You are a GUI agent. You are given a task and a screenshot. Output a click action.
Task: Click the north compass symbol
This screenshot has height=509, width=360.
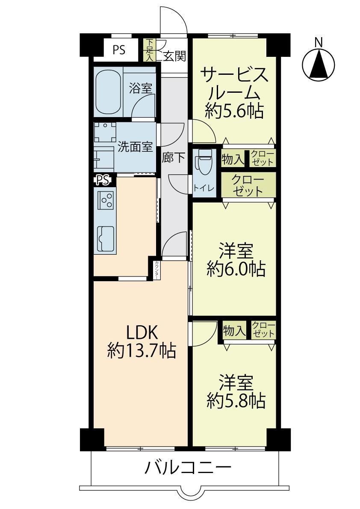click(318, 62)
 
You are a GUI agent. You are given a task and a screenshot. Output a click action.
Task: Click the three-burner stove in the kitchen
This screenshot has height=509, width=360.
click(106, 200)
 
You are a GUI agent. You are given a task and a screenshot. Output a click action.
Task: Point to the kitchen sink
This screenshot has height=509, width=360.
click(106, 238)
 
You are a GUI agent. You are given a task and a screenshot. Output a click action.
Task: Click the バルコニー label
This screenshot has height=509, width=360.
click(188, 468)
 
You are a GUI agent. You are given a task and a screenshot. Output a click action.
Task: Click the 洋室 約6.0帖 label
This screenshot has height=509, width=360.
click(236, 260)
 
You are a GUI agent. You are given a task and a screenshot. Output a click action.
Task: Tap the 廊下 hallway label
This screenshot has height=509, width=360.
click(174, 158)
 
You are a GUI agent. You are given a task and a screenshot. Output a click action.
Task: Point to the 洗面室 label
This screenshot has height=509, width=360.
click(135, 147)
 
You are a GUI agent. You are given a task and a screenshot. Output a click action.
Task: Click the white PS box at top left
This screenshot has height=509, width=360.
click(119, 50)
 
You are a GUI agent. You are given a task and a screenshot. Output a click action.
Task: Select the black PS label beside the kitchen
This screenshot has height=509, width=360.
click(103, 180)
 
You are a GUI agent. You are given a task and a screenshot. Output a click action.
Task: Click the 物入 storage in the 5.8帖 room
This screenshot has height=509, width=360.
click(233, 330)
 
